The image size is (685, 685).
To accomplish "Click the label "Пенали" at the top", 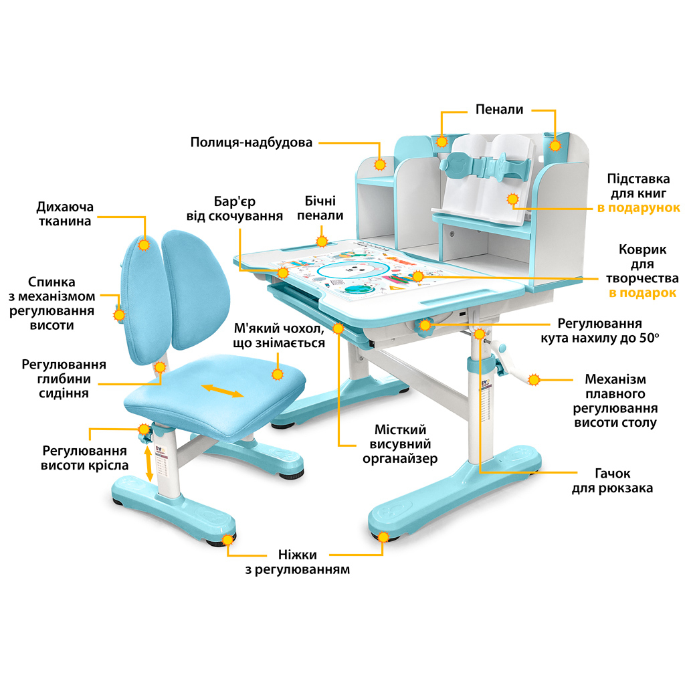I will (499, 109).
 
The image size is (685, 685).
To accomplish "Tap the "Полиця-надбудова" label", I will (251, 142).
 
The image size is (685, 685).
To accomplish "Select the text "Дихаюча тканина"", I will (65, 213).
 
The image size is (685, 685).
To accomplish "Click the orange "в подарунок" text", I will (639, 208).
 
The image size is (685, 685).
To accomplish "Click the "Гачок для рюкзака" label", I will (612, 481).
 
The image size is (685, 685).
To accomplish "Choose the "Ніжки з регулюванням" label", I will (298, 562).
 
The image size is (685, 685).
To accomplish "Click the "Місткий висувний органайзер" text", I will (400, 444).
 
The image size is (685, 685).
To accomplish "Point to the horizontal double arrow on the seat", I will (223, 390).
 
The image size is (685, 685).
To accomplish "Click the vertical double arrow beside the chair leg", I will (149, 462).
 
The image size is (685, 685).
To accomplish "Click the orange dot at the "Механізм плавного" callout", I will (534, 379).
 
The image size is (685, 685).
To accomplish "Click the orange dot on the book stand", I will (513, 199).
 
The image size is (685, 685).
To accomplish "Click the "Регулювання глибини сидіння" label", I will (64, 379).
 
